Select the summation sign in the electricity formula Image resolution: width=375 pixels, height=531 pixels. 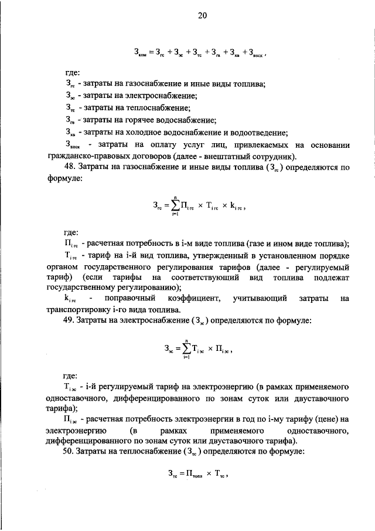coord(186,348)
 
